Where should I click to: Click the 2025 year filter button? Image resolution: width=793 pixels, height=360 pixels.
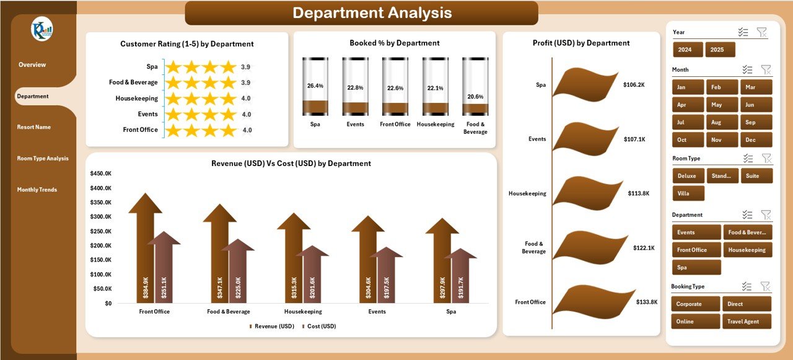tap(720, 50)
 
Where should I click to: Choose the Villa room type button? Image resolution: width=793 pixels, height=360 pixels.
tap(688, 193)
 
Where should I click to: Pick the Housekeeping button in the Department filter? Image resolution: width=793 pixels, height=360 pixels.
tap(747, 250)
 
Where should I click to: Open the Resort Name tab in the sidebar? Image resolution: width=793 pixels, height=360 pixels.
tap(34, 127)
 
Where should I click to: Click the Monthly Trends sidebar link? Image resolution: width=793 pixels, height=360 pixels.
tap(37, 190)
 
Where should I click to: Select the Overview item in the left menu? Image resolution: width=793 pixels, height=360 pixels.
tap(32, 65)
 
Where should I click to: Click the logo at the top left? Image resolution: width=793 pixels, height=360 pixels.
tap(42, 29)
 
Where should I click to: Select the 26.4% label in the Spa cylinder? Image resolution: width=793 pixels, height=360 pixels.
tap(315, 86)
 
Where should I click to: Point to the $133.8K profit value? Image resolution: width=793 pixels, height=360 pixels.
tap(647, 302)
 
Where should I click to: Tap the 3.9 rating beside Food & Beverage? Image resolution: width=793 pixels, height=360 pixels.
tap(246, 82)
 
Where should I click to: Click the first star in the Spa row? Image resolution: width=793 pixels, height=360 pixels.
tap(173, 67)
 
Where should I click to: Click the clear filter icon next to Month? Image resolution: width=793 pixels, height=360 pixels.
tap(766, 70)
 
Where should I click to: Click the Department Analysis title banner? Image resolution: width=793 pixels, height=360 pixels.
tap(361, 13)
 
